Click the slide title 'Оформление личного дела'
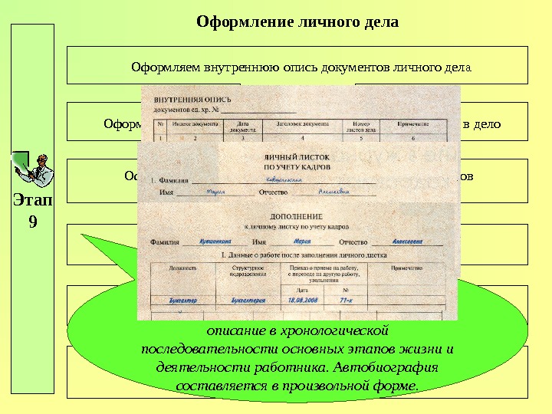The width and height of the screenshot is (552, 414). point(297,21)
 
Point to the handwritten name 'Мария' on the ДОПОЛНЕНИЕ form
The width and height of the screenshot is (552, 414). point(301,240)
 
